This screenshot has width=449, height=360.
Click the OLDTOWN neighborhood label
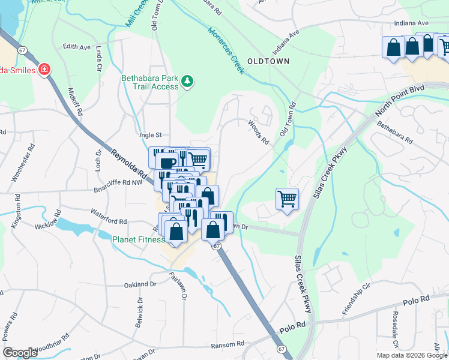tap(269, 61)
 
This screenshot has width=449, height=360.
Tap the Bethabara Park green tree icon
tap(187, 80)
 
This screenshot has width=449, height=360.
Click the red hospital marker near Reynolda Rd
tap(43, 70)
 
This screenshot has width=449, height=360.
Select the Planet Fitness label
tap(139, 239)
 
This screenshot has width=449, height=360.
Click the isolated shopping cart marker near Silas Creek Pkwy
tap(288, 198)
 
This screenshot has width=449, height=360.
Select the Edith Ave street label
tap(76, 47)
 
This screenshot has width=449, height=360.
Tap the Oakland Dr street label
tap(140, 284)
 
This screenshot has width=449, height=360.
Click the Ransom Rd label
tap(228, 344)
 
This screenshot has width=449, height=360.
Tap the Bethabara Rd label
tap(395, 133)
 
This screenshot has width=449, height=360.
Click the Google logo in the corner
tap(20, 353)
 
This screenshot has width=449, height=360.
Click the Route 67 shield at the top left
tap(22, 50)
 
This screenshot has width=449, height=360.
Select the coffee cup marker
tap(167, 162)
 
